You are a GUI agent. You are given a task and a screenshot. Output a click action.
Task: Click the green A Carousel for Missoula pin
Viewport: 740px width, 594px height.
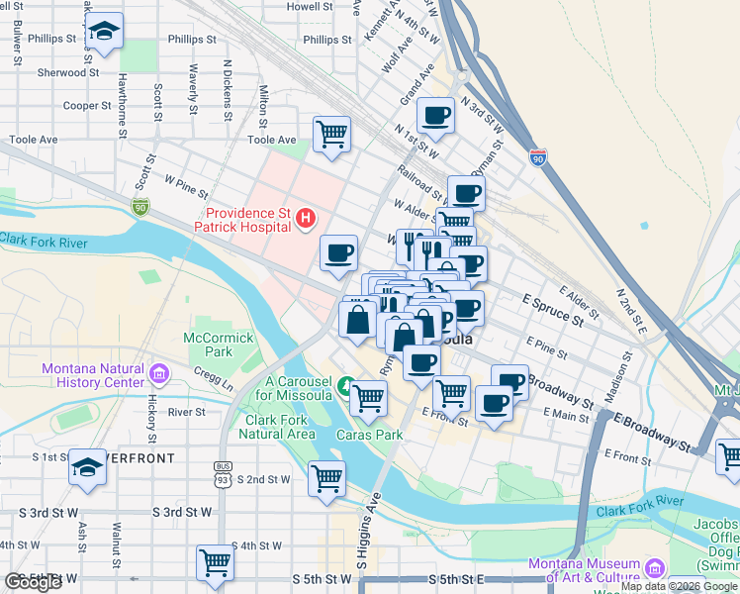pos(345,385)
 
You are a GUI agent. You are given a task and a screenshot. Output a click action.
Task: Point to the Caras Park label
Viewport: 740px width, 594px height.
pos(368,435)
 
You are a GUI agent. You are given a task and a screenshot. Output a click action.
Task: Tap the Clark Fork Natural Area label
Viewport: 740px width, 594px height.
pos(280,427)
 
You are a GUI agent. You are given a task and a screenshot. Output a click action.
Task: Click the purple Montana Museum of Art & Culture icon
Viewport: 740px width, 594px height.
pos(653,567)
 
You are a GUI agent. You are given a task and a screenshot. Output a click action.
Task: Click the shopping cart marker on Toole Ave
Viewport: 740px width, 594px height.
pos(331,134)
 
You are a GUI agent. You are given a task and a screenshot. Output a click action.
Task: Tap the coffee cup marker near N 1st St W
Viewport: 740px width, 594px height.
pos(435,115)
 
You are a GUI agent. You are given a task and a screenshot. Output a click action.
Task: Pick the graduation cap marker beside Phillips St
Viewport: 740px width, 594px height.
pos(104,31)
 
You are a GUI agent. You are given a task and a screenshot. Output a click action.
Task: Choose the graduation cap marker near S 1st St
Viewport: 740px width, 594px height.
pos(88,467)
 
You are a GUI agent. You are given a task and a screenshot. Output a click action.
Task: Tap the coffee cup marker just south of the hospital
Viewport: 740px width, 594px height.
pos(338,253)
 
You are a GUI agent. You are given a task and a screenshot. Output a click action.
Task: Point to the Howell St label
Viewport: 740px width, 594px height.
pos(309,6)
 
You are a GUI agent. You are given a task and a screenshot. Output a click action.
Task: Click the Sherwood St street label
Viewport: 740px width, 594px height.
pos(68,72)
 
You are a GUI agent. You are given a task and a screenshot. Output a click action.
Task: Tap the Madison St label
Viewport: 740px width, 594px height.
pos(616,382)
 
